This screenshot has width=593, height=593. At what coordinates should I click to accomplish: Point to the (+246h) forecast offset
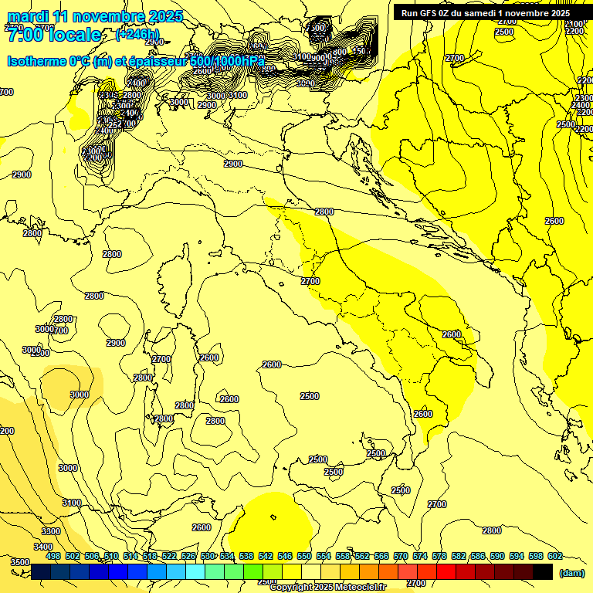pos(137,35)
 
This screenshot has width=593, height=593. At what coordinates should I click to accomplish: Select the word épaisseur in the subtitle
pos(159,62)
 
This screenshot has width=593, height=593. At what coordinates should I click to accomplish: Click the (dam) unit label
pos(571,573)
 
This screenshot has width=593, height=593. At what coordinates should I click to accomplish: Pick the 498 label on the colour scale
pos(53,557)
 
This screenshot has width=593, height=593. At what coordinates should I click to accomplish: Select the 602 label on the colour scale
pos(554,557)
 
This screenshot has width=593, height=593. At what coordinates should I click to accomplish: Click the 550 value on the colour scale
pos(304,557)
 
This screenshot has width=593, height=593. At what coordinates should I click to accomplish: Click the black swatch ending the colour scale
pos(542,571)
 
